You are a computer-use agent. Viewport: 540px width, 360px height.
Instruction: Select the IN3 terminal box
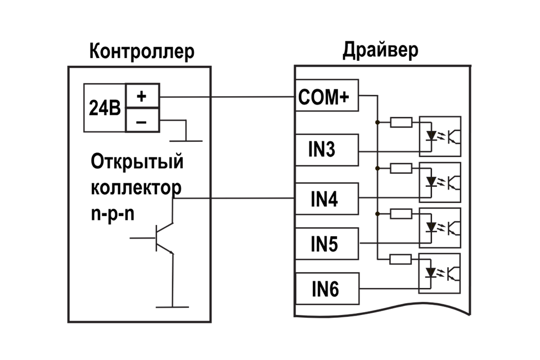[326, 150]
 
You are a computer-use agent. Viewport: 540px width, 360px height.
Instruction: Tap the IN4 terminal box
[326, 199]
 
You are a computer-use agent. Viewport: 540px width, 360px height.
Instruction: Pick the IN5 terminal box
[326, 244]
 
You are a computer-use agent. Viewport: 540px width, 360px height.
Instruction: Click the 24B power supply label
[105, 108]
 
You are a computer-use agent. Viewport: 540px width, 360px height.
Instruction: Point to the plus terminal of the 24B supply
[142, 97]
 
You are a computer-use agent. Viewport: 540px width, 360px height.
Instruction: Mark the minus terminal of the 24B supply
[142, 120]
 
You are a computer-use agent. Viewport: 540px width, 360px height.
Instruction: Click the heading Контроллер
[142, 51]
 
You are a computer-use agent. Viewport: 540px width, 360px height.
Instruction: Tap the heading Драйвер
[380, 50]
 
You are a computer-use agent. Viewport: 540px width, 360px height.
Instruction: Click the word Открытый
[137, 162]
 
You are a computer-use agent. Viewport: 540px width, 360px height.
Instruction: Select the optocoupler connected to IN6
[439, 273]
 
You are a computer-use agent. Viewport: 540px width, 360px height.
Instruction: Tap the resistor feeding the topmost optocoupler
[400, 121]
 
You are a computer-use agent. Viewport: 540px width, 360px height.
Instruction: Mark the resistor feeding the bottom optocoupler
[400, 259]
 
